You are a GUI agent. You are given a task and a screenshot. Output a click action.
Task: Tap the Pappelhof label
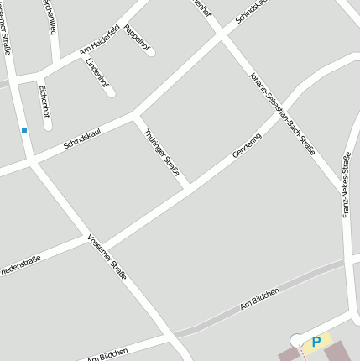pos(136,39)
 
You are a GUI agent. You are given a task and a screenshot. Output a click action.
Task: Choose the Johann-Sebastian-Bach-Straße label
pos(282,113)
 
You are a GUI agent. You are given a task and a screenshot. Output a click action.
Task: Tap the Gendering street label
pos(247,145)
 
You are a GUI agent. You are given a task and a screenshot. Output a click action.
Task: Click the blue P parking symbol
pos(316,342)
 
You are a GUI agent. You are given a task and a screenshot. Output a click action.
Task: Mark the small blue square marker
pos(24,131)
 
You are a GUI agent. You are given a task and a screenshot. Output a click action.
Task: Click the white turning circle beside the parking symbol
pos(296,340)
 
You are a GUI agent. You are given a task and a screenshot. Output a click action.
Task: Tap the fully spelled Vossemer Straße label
pos(107,257)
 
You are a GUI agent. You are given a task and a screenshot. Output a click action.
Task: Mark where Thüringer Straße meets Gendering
pos(190,186)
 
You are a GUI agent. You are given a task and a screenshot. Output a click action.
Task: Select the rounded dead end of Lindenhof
pos(111,93)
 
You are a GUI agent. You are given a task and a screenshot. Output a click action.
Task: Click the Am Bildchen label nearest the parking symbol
pos(259,299)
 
